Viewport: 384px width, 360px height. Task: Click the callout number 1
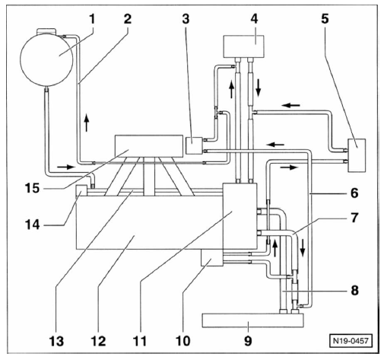pyautogui.click(x=92, y=19)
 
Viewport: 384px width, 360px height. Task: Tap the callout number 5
pyautogui.click(x=325, y=19)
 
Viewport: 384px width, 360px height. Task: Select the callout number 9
pyautogui.click(x=248, y=341)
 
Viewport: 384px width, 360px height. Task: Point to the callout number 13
pyautogui.click(x=56, y=341)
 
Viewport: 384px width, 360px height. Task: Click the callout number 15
pyautogui.click(x=32, y=188)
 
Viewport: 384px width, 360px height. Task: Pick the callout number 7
pyautogui.click(x=354, y=218)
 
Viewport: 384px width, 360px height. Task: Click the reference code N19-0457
pyautogui.click(x=351, y=340)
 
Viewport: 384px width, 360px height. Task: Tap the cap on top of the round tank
pyautogui.click(x=46, y=31)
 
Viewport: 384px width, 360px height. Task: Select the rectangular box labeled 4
pyautogui.click(x=243, y=46)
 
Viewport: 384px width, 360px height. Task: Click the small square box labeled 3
pyautogui.click(x=194, y=145)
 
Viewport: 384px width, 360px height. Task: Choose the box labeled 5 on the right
pyautogui.click(x=357, y=155)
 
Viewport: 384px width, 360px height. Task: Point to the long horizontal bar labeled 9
pyautogui.click(x=252, y=320)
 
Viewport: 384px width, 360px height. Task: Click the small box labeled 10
pyautogui.click(x=212, y=257)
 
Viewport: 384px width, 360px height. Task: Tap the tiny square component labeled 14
pyautogui.click(x=81, y=190)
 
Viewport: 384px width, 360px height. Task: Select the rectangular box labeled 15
pyautogui.click(x=149, y=146)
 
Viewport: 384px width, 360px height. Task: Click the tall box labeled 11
pyautogui.click(x=240, y=216)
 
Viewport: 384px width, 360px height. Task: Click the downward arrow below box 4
pyautogui.click(x=259, y=88)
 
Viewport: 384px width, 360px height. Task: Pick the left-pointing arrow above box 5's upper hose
pyautogui.click(x=291, y=105)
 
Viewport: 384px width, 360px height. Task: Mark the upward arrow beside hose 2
pyautogui.click(x=87, y=123)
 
